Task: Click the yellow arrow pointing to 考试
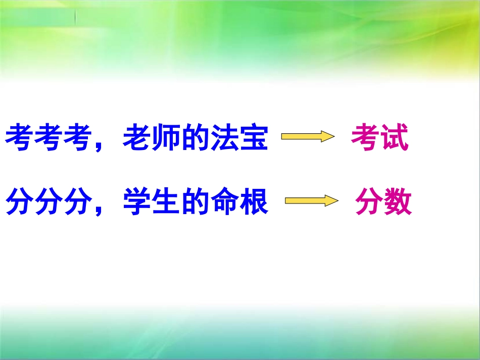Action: pos(308,137)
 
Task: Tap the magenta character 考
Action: pos(365,137)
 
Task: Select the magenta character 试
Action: pos(394,137)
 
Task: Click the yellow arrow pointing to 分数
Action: pos(311,201)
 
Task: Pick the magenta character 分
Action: pos(369,202)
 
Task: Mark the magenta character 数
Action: pos(398,202)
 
